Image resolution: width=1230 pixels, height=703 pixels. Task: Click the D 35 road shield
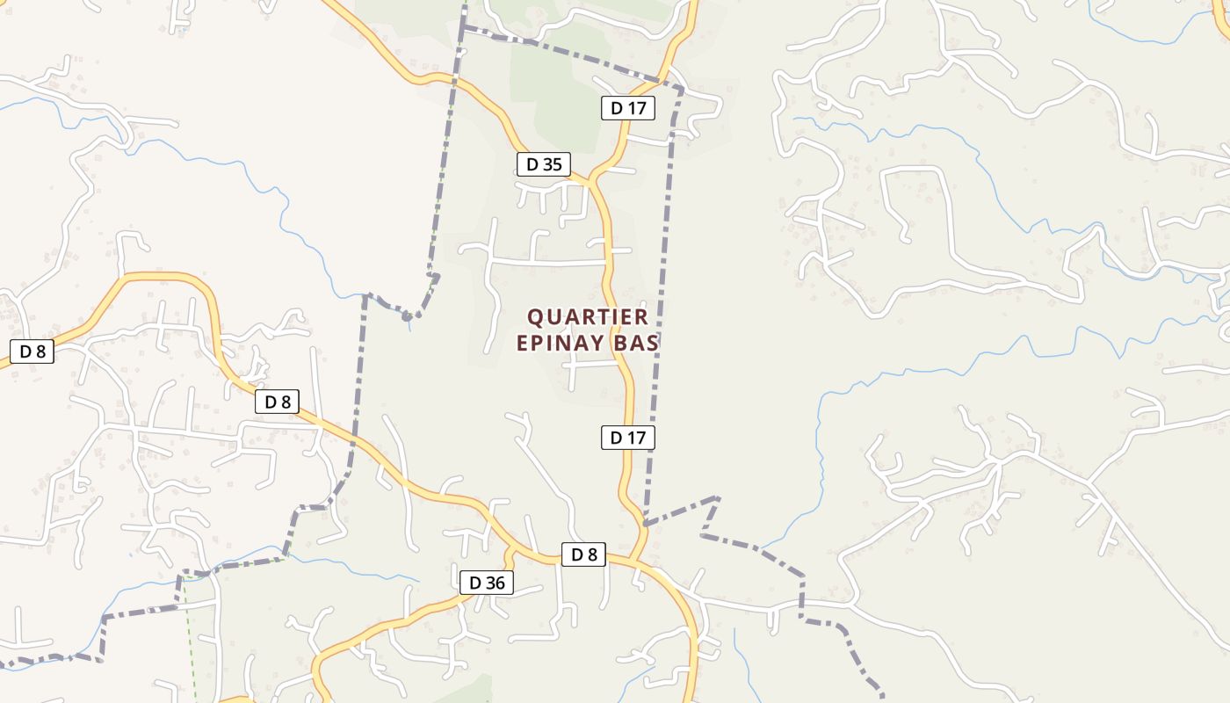pyautogui.click(x=544, y=164)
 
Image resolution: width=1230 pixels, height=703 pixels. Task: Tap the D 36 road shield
pyautogui.click(x=486, y=583)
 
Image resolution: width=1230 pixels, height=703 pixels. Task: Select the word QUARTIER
pyautogui.click(x=588, y=317)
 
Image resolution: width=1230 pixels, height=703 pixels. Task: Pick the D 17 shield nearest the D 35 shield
pyautogui.click(x=628, y=108)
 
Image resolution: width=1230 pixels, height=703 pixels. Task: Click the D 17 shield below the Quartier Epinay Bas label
pyautogui.click(x=628, y=437)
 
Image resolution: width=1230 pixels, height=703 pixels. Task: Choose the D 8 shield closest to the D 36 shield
pyautogui.click(x=584, y=554)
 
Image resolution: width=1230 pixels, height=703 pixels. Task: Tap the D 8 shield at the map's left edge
pyautogui.click(x=33, y=351)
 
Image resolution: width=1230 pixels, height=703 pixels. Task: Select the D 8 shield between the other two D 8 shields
pyautogui.click(x=278, y=402)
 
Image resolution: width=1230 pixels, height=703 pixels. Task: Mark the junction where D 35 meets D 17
pyautogui.click(x=590, y=182)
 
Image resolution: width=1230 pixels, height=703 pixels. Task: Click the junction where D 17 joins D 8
pyautogui.click(x=634, y=560)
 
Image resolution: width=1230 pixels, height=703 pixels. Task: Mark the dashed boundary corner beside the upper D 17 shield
pyautogui.click(x=682, y=88)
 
